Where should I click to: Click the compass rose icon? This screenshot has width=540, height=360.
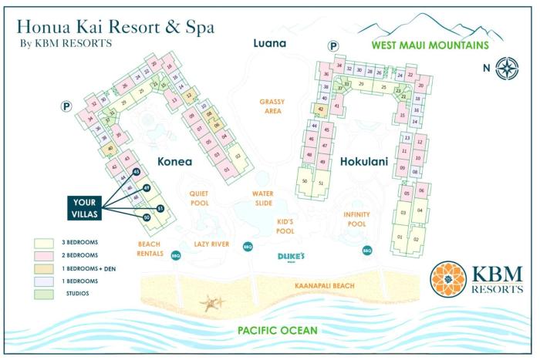click(507, 67)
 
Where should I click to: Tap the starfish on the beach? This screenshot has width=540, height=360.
click(212, 302)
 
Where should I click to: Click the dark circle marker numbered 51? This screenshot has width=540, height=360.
click(160, 208)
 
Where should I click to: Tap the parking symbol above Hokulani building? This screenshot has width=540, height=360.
click(333, 46)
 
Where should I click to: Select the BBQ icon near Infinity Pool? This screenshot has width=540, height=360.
click(367, 250)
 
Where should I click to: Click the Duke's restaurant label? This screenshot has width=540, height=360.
click(292, 257)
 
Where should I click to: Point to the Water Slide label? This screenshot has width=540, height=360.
click(262, 199)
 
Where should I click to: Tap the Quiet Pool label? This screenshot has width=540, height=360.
click(200, 199)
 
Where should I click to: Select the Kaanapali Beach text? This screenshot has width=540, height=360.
click(324, 286)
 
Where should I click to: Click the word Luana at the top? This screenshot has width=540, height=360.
click(270, 43)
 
